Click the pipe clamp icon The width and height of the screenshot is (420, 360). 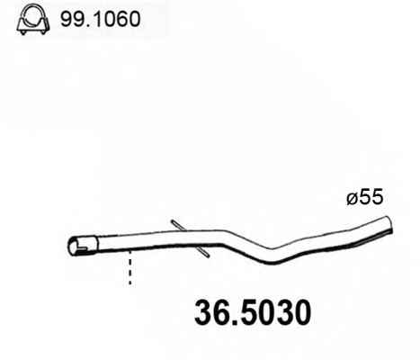[33, 20]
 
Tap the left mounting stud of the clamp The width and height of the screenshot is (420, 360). [22, 32]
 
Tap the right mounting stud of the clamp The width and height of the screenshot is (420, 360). [43, 32]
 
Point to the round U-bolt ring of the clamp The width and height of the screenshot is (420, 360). [33, 14]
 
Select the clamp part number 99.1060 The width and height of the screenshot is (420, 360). [101, 19]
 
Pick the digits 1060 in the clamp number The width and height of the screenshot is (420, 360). [114, 19]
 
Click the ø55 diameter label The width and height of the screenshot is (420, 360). [365, 198]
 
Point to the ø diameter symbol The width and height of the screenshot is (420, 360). [353, 199]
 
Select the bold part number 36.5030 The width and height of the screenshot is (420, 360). [253, 313]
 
